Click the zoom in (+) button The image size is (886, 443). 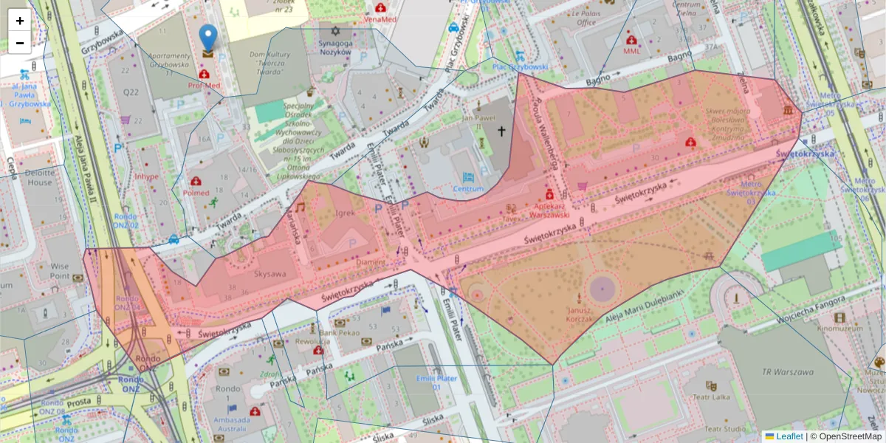tap(20, 21)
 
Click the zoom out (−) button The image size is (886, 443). tap(20, 43)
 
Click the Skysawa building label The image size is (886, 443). tap(269, 273)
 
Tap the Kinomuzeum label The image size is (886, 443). tap(836, 327)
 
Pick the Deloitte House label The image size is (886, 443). tap(40, 178)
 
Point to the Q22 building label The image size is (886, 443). tap(131, 92)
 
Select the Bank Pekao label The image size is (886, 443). tap(340, 334)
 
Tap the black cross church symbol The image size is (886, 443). tap(501, 131)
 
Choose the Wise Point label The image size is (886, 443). tap(60, 270)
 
